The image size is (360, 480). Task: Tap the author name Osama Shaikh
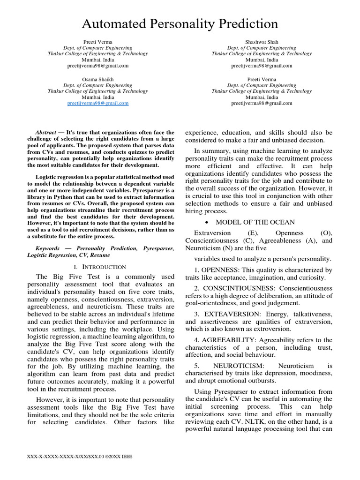[97, 79]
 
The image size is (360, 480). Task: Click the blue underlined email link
[97, 103]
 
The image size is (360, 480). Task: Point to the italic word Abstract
[46, 133]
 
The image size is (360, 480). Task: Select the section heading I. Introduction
[100, 266]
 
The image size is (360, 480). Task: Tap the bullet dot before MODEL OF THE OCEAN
[207, 222]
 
